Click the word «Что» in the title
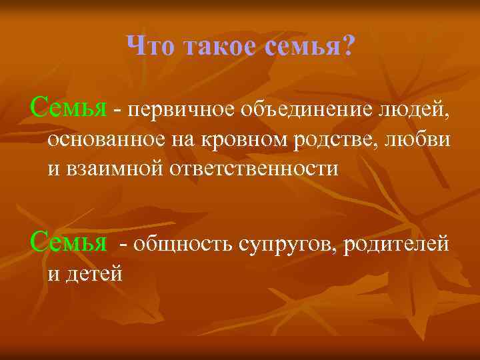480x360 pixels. point(147,46)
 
